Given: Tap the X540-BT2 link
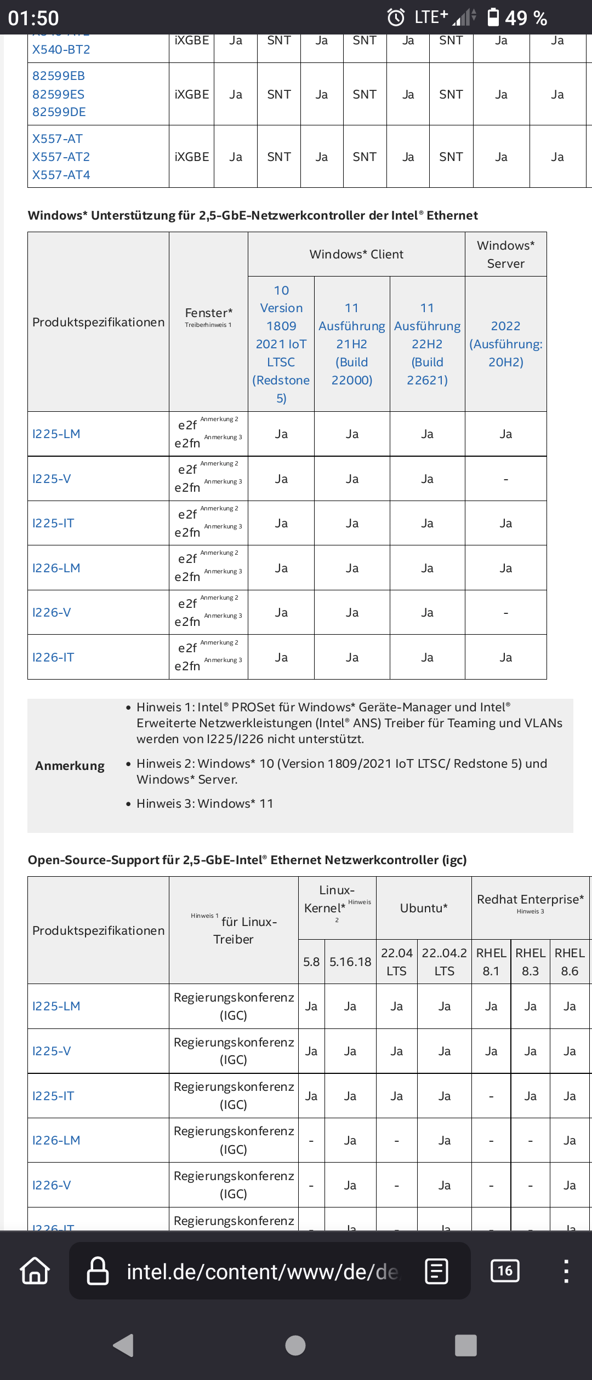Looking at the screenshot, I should (61, 49).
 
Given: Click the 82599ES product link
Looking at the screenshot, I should (58, 94).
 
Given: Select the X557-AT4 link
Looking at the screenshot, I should (61, 175).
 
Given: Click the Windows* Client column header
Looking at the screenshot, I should (356, 254).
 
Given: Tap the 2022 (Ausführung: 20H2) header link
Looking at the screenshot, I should (505, 344).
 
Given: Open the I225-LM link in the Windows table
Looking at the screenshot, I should (56, 434).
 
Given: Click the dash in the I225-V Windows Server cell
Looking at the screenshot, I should (505, 479).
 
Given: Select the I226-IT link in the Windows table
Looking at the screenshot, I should (53, 657).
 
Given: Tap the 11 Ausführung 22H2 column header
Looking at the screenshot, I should (427, 344).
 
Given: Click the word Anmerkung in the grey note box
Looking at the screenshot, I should (70, 766).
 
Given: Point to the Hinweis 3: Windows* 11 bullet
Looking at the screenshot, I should (204, 803).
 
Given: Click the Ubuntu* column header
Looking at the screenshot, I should (424, 908).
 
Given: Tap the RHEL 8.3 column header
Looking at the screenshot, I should (530, 962).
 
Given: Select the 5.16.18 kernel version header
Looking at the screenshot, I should (350, 962).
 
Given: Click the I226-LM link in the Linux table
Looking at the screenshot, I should (56, 1140).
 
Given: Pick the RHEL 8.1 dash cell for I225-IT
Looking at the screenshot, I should (491, 1096).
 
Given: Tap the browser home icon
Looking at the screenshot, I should (35, 1270).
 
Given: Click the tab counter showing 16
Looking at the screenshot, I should (505, 1270).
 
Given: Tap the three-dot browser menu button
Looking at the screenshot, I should (566, 1270).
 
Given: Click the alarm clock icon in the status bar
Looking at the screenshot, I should (396, 18).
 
